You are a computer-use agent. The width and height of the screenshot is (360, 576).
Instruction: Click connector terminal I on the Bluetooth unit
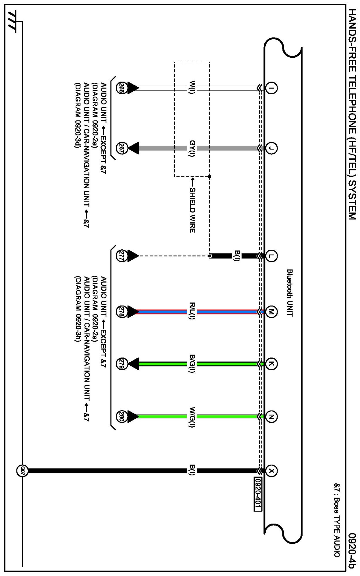coord(271,88)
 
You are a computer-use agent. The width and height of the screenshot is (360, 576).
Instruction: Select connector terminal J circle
coord(271,148)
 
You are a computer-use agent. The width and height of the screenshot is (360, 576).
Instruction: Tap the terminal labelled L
coord(271,256)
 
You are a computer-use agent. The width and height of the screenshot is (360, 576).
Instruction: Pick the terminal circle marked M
coord(271,312)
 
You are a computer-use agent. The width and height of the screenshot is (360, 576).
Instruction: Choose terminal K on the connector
coord(271,364)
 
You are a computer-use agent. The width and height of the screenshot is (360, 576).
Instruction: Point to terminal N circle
coord(271,416)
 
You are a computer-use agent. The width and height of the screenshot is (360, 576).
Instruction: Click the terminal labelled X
coord(271,471)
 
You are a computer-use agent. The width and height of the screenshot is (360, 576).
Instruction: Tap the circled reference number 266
coord(121,88)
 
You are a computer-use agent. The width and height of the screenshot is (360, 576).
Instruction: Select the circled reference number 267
coord(121,148)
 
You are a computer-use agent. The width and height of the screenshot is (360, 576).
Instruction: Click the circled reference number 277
coord(121,256)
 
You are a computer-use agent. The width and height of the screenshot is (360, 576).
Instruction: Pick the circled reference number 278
coord(121,312)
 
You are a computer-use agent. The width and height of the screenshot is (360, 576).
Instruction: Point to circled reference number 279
coord(121,364)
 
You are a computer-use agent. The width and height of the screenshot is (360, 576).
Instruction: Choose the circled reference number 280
coord(121,416)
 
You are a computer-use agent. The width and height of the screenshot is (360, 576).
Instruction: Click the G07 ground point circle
coord(22,471)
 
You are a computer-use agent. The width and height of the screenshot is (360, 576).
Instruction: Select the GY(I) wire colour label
coord(192,148)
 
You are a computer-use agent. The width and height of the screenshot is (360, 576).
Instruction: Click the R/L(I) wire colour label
coord(192,312)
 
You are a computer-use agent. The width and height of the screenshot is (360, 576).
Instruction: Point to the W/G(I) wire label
coord(192,416)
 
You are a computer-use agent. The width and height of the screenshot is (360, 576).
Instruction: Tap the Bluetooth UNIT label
coord(290,293)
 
